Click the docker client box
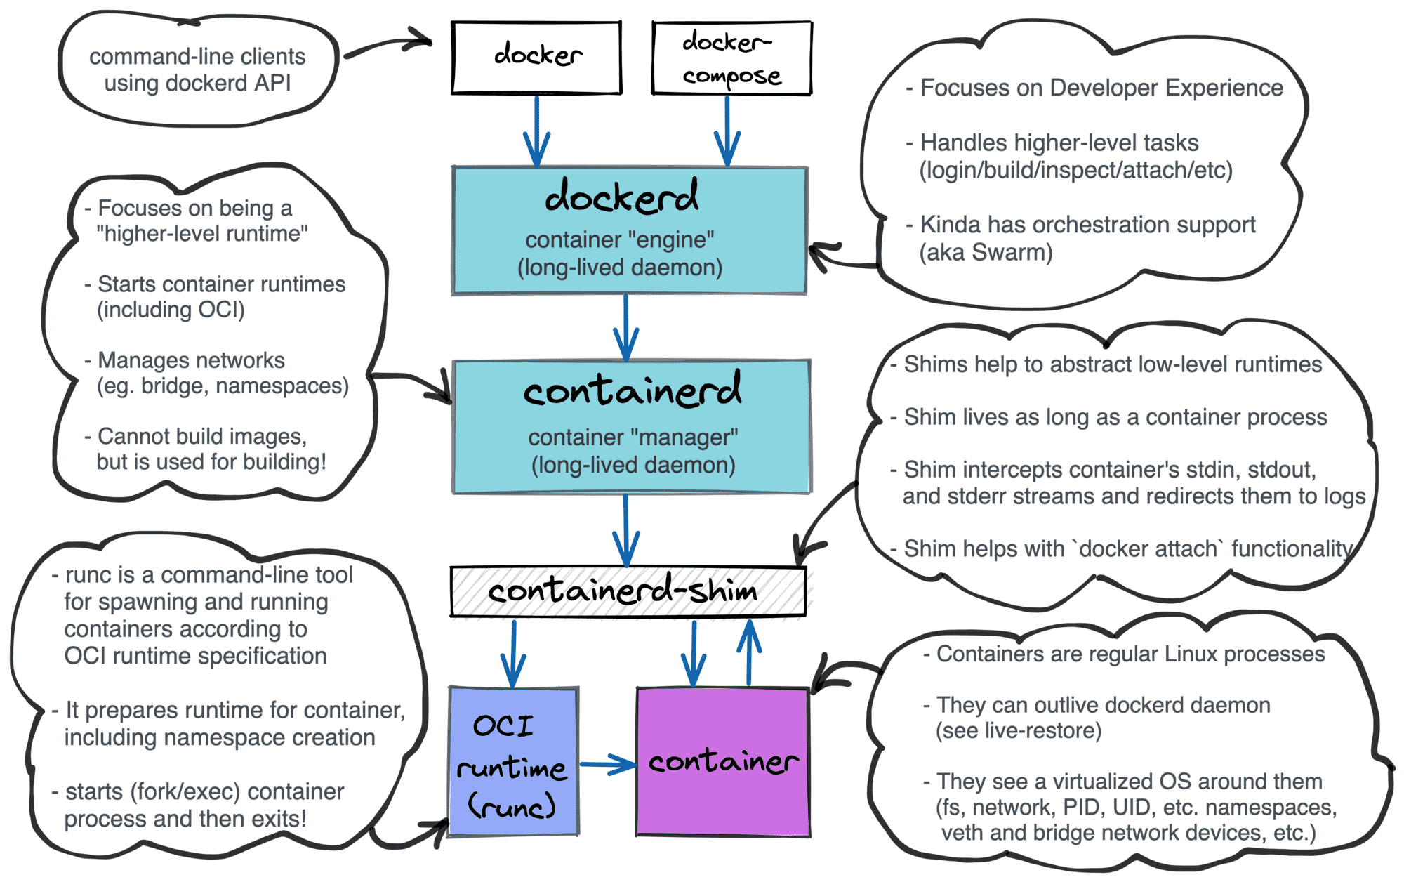point(537,58)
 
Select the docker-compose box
point(731,58)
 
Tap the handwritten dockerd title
point(622,197)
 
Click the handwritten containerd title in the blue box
point(632,390)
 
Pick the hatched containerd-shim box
point(627,591)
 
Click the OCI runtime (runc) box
point(513,762)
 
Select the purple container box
point(723,762)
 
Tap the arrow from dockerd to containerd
point(625,327)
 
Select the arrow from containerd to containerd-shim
point(625,530)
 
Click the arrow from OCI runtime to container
point(608,765)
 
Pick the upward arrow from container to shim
point(749,653)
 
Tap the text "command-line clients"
point(197,56)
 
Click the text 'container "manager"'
point(633,437)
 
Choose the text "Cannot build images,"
point(202,437)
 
